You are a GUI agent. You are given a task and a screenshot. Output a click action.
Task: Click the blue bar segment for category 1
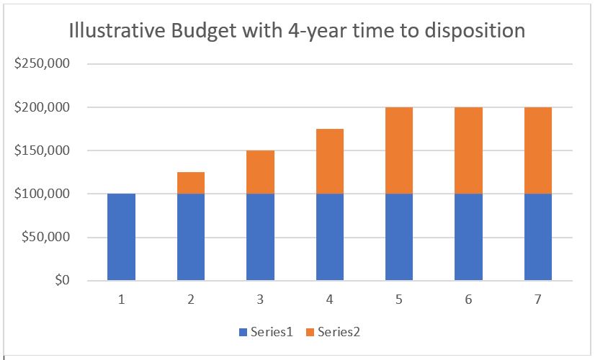(x=121, y=237)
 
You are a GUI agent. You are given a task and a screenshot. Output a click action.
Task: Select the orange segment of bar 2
(x=191, y=183)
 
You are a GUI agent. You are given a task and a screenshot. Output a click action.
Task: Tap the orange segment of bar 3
(x=260, y=172)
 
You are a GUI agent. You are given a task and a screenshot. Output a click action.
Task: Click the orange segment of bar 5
(x=399, y=150)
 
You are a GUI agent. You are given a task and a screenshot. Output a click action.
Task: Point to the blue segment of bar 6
(x=468, y=237)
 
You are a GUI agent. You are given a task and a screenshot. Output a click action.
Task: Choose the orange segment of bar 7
(x=538, y=150)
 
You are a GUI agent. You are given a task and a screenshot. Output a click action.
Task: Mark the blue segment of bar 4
(x=330, y=237)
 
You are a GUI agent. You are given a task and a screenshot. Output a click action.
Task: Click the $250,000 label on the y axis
(x=42, y=64)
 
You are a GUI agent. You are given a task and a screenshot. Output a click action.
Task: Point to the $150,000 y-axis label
(x=42, y=150)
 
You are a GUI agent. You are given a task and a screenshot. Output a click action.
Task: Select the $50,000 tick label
(x=45, y=237)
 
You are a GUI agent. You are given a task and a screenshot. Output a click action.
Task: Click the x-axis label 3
(x=260, y=299)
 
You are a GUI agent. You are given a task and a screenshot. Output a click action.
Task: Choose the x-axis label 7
(x=538, y=299)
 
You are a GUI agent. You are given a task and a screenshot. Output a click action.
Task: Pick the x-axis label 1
(x=121, y=299)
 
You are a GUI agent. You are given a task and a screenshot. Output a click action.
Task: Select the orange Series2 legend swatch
(x=310, y=332)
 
